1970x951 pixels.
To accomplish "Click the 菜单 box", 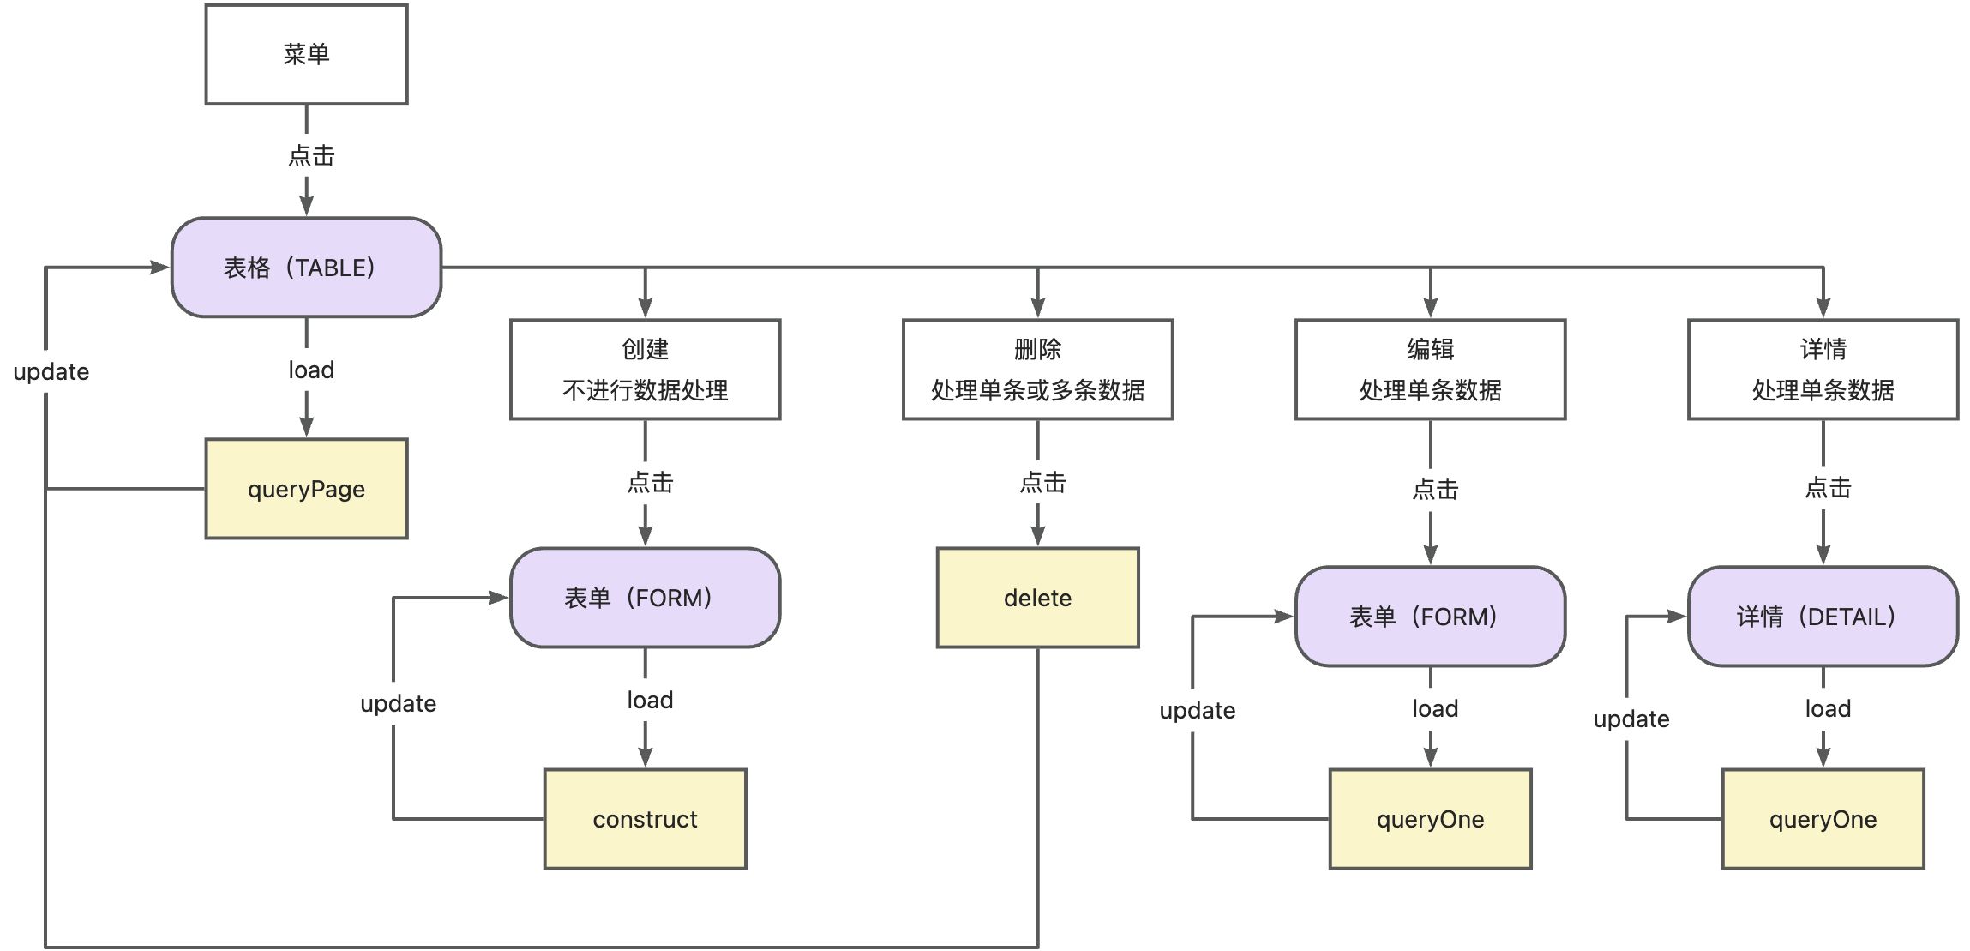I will coord(306,54).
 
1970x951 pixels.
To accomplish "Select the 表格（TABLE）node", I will coord(306,268).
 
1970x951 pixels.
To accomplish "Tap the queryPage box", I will coord(306,489).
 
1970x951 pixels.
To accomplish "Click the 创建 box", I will coord(645,370).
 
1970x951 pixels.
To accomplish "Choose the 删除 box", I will coord(1037,370).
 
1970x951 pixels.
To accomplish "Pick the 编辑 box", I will coord(1430,370).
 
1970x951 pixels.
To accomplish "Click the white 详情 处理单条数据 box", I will coord(1823,370).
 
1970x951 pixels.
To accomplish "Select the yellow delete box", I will coord(1037,598).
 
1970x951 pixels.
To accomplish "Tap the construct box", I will coord(645,819).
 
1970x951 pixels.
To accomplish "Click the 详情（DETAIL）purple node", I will coord(1823,617).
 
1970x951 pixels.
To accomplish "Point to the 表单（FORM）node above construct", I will coord(645,598).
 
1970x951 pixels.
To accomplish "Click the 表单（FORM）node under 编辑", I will coord(1430,617).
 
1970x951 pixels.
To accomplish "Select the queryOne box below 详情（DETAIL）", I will coord(1823,819).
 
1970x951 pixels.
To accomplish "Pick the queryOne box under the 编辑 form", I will coord(1430,819).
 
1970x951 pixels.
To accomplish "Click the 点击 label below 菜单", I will coord(311,156).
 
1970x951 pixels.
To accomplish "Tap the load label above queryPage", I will coord(311,370).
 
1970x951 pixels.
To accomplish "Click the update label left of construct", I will coord(398,704).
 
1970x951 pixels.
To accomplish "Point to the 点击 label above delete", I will coord(1042,483).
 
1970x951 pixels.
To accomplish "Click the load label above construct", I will coord(650,701).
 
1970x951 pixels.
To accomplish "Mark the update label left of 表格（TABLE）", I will coord(51,372).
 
